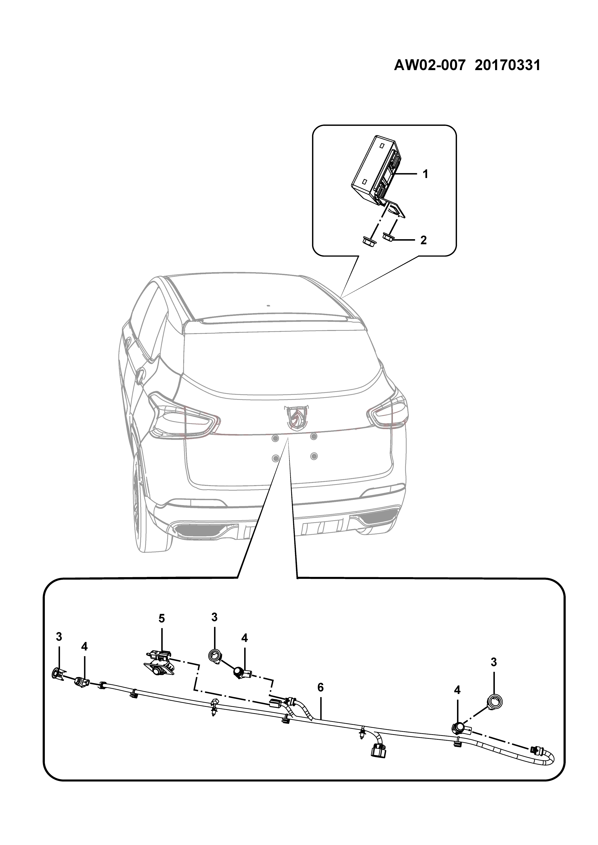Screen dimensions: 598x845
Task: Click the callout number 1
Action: pos(425,174)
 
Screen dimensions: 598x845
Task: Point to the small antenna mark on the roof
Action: pos(268,305)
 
